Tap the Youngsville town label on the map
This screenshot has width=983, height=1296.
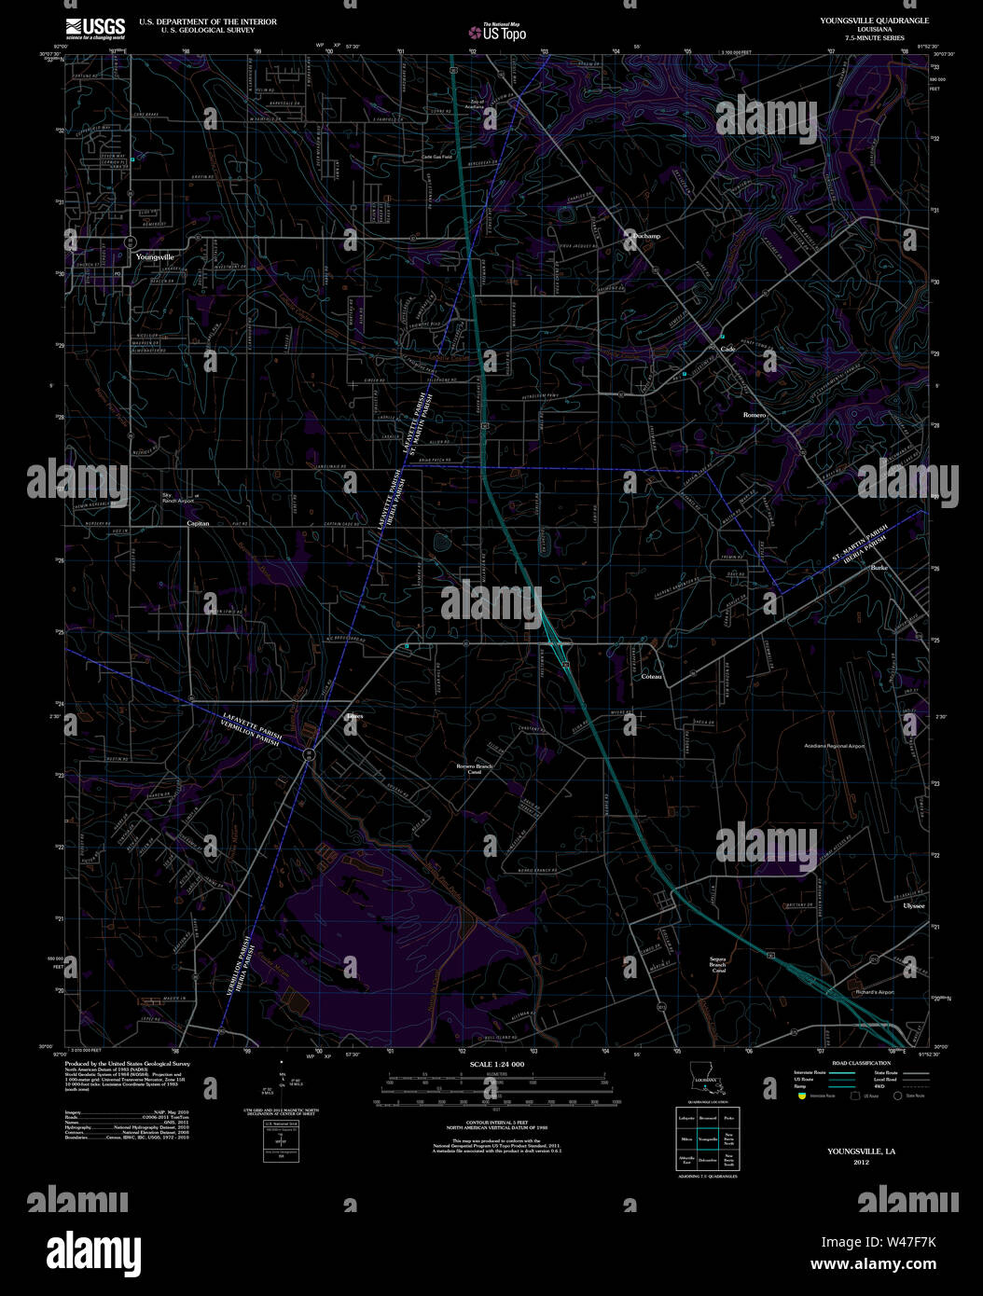tap(155, 256)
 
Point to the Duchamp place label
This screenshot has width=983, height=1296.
tap(645, 237)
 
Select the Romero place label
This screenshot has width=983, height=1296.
tap(754, 415)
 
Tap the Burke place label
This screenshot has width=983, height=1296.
tap(879, 567)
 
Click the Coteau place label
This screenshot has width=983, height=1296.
tap(651, 676)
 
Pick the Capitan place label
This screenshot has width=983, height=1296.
tap(199, 524)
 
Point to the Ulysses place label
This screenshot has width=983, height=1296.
tap(913, 905)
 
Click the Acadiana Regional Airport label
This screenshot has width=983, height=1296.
tap(834, 746)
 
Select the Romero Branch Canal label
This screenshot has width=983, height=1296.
tap(474, 769)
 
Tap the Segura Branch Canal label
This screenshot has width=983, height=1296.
tap(718, 964)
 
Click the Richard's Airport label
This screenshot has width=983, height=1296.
tap(874, 992)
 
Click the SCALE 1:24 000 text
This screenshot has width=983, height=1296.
tap(497, 1065)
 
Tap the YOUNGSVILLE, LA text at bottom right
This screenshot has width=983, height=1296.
tap(861, 1151)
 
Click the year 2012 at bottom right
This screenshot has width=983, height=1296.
tap(860, 1163)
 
